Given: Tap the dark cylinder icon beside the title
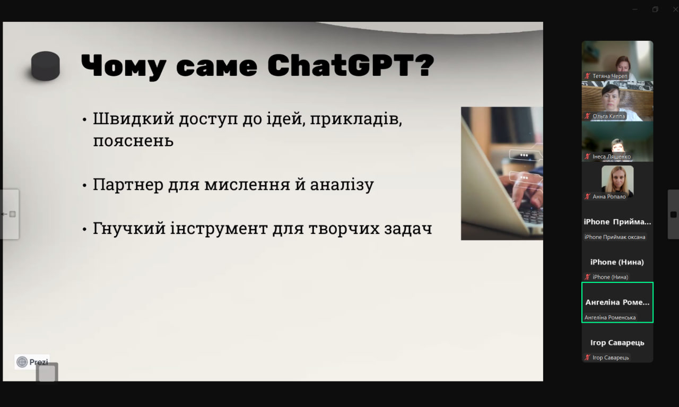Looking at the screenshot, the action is tap(46, 66).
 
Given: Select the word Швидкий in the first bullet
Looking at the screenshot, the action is tap(133, 119).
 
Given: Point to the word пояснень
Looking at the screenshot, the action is tap(133, 141).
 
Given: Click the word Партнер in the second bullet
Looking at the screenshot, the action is tap(128, 184).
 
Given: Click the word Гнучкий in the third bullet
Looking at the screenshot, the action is tap(129, 228).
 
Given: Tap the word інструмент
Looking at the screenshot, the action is tap(219, 228).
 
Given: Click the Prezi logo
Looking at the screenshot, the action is tap(32, 362).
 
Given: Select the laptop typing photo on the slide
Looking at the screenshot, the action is tap(502, 174).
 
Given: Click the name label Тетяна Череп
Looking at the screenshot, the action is tap(610, 76).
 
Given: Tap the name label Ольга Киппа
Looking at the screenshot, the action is tap(608, 116).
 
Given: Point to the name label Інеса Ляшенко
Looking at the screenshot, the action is tap(612, 157).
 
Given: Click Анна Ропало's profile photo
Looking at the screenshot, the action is tap(617, 181).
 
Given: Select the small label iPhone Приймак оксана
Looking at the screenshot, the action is tap(615, 237).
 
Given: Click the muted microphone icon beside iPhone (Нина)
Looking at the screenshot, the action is tap(587, 277).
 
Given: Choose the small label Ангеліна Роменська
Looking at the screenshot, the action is tap(610, 317).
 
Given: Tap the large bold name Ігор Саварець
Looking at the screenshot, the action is tap(617, 343).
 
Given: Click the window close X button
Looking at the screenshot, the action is tap(675, 10).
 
